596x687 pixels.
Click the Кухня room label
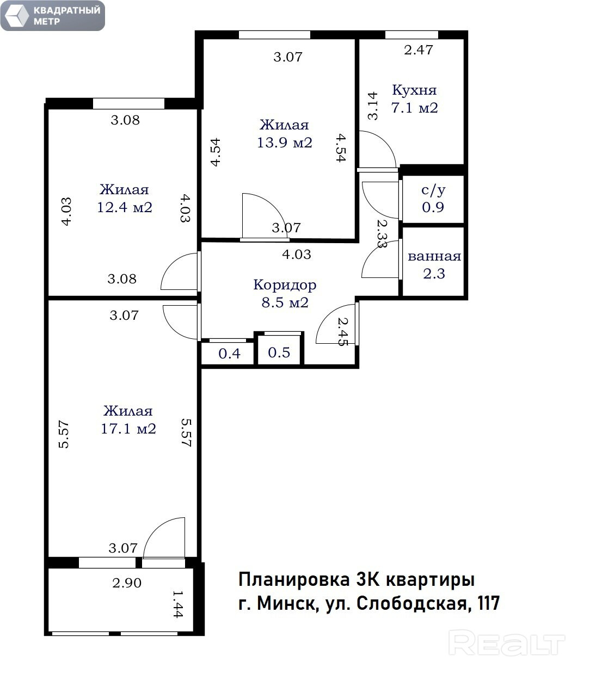point(414,90)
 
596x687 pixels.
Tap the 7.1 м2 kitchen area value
point(414,108)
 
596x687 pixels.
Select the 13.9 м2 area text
point(284,143)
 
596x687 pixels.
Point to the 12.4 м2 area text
point(125,207)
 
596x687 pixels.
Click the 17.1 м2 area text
point(128,429)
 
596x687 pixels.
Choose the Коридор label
point(285,285)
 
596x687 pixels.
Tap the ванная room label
point(434,256)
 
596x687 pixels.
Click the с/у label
point(433,190)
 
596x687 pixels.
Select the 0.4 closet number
point(230,354)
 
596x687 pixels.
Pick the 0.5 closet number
point(279,352)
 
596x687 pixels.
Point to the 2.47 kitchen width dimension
point(419,50)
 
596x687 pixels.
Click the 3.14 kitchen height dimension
point(372,106)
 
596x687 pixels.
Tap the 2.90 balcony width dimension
point(127,583)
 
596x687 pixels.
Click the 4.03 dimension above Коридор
point(297,254)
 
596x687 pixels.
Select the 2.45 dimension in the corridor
point(343,331)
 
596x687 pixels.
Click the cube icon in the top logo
point(16,16)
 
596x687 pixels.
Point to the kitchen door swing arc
point(385,141)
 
